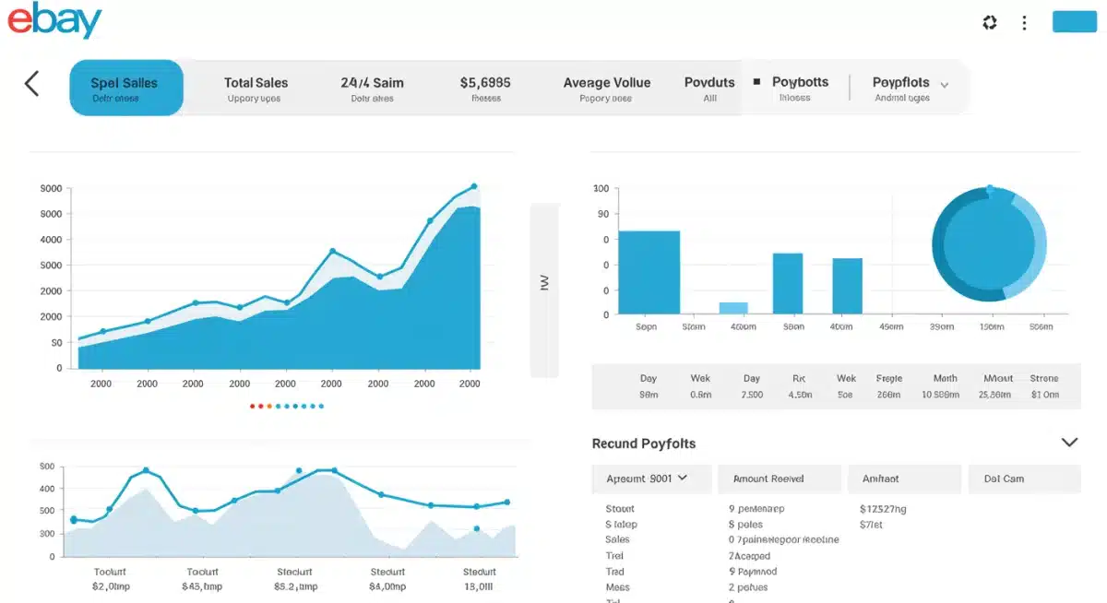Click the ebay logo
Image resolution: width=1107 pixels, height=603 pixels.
click(x=54, y=21)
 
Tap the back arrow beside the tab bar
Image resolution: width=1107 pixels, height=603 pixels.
click(x=32, y=84)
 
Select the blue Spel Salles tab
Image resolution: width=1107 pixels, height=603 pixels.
click(x=126, y=88)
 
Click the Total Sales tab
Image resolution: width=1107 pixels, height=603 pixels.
click(x=256, y=89)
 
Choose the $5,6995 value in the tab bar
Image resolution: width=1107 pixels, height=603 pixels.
click(x=485, y=83)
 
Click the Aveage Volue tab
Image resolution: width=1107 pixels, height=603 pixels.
click(x=606, y=89)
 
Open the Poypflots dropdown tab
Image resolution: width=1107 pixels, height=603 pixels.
click(x=909, y=89)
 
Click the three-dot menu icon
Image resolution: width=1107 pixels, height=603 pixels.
click(x=1024, y=23)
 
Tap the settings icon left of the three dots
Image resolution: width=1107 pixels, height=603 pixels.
click(x=990, y=23)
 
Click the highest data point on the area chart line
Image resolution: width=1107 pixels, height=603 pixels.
click(x=474, y=186)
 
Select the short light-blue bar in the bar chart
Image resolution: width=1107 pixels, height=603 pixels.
click(x=733, y=308)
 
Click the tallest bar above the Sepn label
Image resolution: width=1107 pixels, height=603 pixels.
click(x=649, y=272)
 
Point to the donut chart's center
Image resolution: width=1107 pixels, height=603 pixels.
click(x=989, y=244)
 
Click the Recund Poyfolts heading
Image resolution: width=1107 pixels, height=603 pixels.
click(x=644, y=443)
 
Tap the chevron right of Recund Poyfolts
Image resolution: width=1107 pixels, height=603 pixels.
click(x=1069, y=443)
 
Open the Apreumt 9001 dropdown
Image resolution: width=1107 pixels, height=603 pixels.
click(x=650, y=479)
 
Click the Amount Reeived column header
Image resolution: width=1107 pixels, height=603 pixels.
click(x=768, y=479)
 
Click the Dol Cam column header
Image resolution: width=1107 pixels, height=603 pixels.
click(x=1004, y=479)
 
